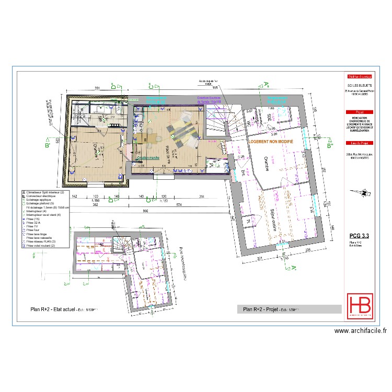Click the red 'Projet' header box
pyautogui.click(x=358, y=112)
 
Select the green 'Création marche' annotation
pyautogui.click(x=148, y=157)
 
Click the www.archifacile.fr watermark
pyautogui.click(x=360, y=330)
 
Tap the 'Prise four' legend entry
pyautogui.click(x=34, y=229)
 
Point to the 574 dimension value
pyautogui.click(x=179, y=204)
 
